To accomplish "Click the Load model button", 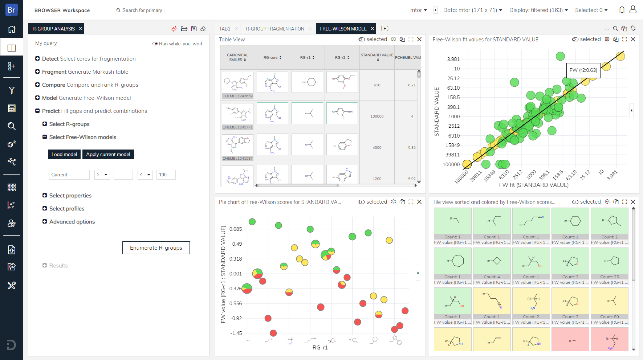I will point(64,154).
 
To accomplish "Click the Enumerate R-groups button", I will point(156,247).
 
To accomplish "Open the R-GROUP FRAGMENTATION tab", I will point(275,29).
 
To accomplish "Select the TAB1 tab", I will point(225,29).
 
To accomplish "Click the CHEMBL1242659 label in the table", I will point(237,96).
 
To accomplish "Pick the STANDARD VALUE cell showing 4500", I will point(377,148).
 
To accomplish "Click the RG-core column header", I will point(272,57).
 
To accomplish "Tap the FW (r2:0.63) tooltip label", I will point(583,70).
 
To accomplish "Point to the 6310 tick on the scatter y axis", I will point(454,136).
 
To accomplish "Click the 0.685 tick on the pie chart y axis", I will point(236,229).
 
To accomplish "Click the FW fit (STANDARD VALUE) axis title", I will point(534,185).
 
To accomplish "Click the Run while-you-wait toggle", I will point(155,44).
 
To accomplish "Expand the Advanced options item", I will point(72,222).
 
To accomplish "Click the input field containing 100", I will point(166,175).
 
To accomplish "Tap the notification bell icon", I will point(622,10).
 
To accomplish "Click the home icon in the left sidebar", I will point(12,29).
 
